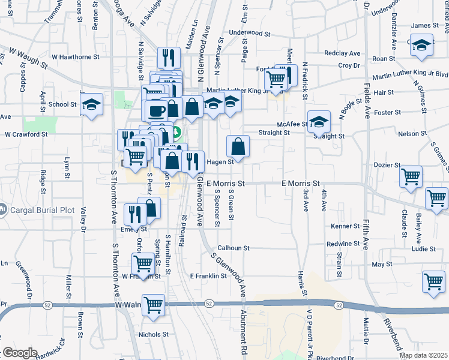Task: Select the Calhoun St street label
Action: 233,247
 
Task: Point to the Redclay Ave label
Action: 342,53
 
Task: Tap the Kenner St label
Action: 345,226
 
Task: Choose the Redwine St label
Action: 343,244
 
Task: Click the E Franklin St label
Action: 208,276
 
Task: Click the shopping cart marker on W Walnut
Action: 154,304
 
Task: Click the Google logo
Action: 19,353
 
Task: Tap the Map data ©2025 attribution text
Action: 423,355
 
